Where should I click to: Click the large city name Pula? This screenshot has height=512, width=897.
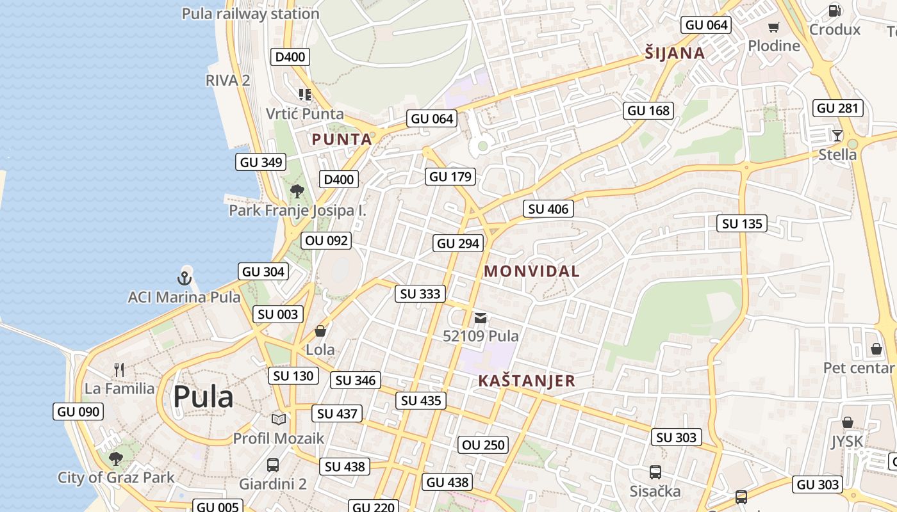coord(203,396)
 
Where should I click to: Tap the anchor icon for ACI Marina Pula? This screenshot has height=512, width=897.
coord(185,278)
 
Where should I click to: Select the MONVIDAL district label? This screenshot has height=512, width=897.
coord(531,271)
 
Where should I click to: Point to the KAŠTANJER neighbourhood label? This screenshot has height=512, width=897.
coord(527,381)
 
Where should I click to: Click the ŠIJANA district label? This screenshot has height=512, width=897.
coord(675,53)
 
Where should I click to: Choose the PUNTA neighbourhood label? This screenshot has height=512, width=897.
coord(342,139)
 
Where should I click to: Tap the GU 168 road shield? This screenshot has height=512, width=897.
coord(648,110)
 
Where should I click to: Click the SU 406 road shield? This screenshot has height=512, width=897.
coord(548,209)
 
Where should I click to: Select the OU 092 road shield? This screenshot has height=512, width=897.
coord(326,241)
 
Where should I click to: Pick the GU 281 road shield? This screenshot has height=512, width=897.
coord(837,108)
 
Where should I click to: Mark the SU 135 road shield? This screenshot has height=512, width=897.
coord(743,223)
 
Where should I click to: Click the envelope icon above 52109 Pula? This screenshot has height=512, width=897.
coord(481,317)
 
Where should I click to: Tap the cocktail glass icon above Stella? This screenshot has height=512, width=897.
coord(837,135)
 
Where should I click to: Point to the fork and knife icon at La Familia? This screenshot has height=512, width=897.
coord(119,369)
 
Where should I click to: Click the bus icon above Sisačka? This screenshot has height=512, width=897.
coord(655,472)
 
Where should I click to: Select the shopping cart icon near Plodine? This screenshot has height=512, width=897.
coord(774,27)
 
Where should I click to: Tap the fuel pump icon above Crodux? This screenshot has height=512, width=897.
coord(834,10)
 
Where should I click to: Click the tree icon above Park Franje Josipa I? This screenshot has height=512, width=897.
coord(297,191)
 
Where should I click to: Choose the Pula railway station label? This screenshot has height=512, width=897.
coord(251,13)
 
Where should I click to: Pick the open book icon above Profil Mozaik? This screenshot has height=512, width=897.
coord(278,419)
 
